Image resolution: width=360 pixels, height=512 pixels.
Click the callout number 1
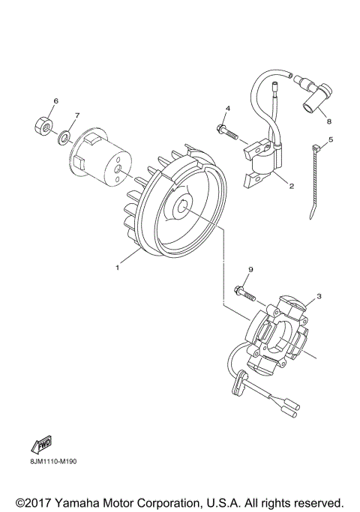coord(117,266)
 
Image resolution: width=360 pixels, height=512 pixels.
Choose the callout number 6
coord(55,100)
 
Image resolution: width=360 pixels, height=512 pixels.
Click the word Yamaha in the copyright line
coord(90,502)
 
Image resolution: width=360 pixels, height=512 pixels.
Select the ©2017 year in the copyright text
coord(31,502)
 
